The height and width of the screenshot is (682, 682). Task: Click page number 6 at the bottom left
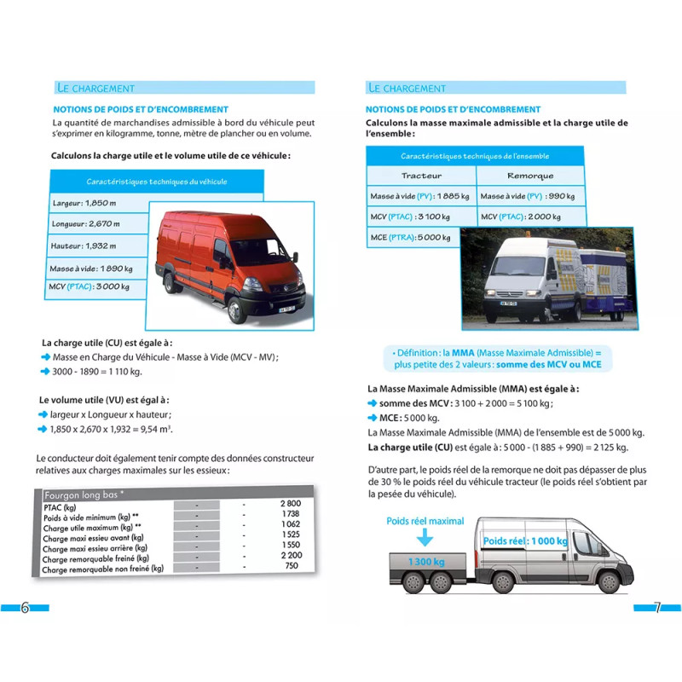point(25,608)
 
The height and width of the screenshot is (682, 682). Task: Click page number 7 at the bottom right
point(656,608)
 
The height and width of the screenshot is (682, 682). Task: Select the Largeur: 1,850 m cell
point(84,204)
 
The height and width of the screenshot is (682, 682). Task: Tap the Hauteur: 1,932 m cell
point(84,246)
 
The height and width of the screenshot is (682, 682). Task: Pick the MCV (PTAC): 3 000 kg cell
point(90,287)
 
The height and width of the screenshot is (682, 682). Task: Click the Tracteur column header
point(421,176)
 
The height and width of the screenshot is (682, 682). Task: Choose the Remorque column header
point(529,176)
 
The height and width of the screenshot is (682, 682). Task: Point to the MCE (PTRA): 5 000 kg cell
point(410,237)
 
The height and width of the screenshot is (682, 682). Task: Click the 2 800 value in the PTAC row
point(290,505)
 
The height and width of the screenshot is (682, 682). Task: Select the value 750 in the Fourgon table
point(291,565)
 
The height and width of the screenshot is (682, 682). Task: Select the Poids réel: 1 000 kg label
point(524,540)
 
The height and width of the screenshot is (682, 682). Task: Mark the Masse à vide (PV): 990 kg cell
point(528,196)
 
